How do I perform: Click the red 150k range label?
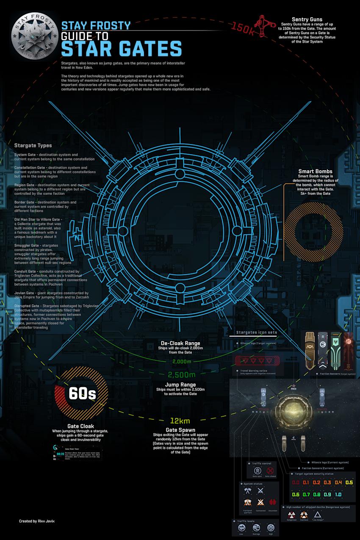click(x=242, y=28)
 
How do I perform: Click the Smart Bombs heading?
click(x=315, y=171)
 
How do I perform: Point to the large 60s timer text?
click(x=82, y=393)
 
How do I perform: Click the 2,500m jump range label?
click(x=181, y=375)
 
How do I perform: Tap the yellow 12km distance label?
click(x=180, y=421)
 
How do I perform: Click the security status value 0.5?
click(x=349, y=482)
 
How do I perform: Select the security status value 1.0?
click(x=338, y=494)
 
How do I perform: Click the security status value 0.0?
click(x=296, y=482)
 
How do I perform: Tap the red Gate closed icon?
click(x=271, y=471)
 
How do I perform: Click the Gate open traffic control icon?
click(x=256, y=471)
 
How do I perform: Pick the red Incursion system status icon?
click(x=273, y=502)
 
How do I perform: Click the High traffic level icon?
click(x=271, y=528)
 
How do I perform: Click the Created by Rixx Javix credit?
click(x=36, y=521)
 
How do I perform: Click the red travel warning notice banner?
click(x=258, y=360)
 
